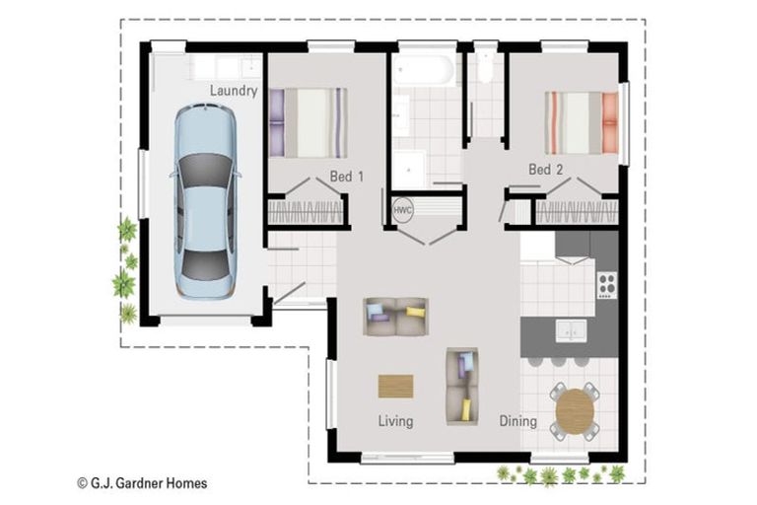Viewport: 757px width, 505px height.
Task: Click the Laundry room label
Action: pos(234,91)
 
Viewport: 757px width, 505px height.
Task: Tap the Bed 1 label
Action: pos(347,177)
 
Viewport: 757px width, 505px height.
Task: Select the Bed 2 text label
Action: pos(545,170)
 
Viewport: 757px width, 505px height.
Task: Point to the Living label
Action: pos(395,421)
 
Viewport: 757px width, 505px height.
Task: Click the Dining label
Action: pos(517,421)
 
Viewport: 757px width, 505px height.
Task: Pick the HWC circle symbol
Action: pos(402,211)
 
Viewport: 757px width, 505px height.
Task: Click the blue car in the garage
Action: pos(205,201)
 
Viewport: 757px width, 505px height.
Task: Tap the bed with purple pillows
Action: pos(309,123)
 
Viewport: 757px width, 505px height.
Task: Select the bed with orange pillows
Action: pos(582,123)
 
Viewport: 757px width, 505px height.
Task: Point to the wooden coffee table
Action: pos(396,386)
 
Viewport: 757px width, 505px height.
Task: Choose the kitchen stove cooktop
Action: pos(606,285)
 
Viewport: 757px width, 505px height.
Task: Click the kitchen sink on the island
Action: pos(569,330)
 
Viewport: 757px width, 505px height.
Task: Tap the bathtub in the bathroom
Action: pos(423,71)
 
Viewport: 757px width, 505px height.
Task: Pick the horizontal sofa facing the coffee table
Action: pos(395,317)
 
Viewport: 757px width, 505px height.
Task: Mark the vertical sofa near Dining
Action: pos(461,386)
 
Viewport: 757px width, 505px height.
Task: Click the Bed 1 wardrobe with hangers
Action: pos(305,213)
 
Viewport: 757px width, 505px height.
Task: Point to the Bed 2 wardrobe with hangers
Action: pos(577,212)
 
